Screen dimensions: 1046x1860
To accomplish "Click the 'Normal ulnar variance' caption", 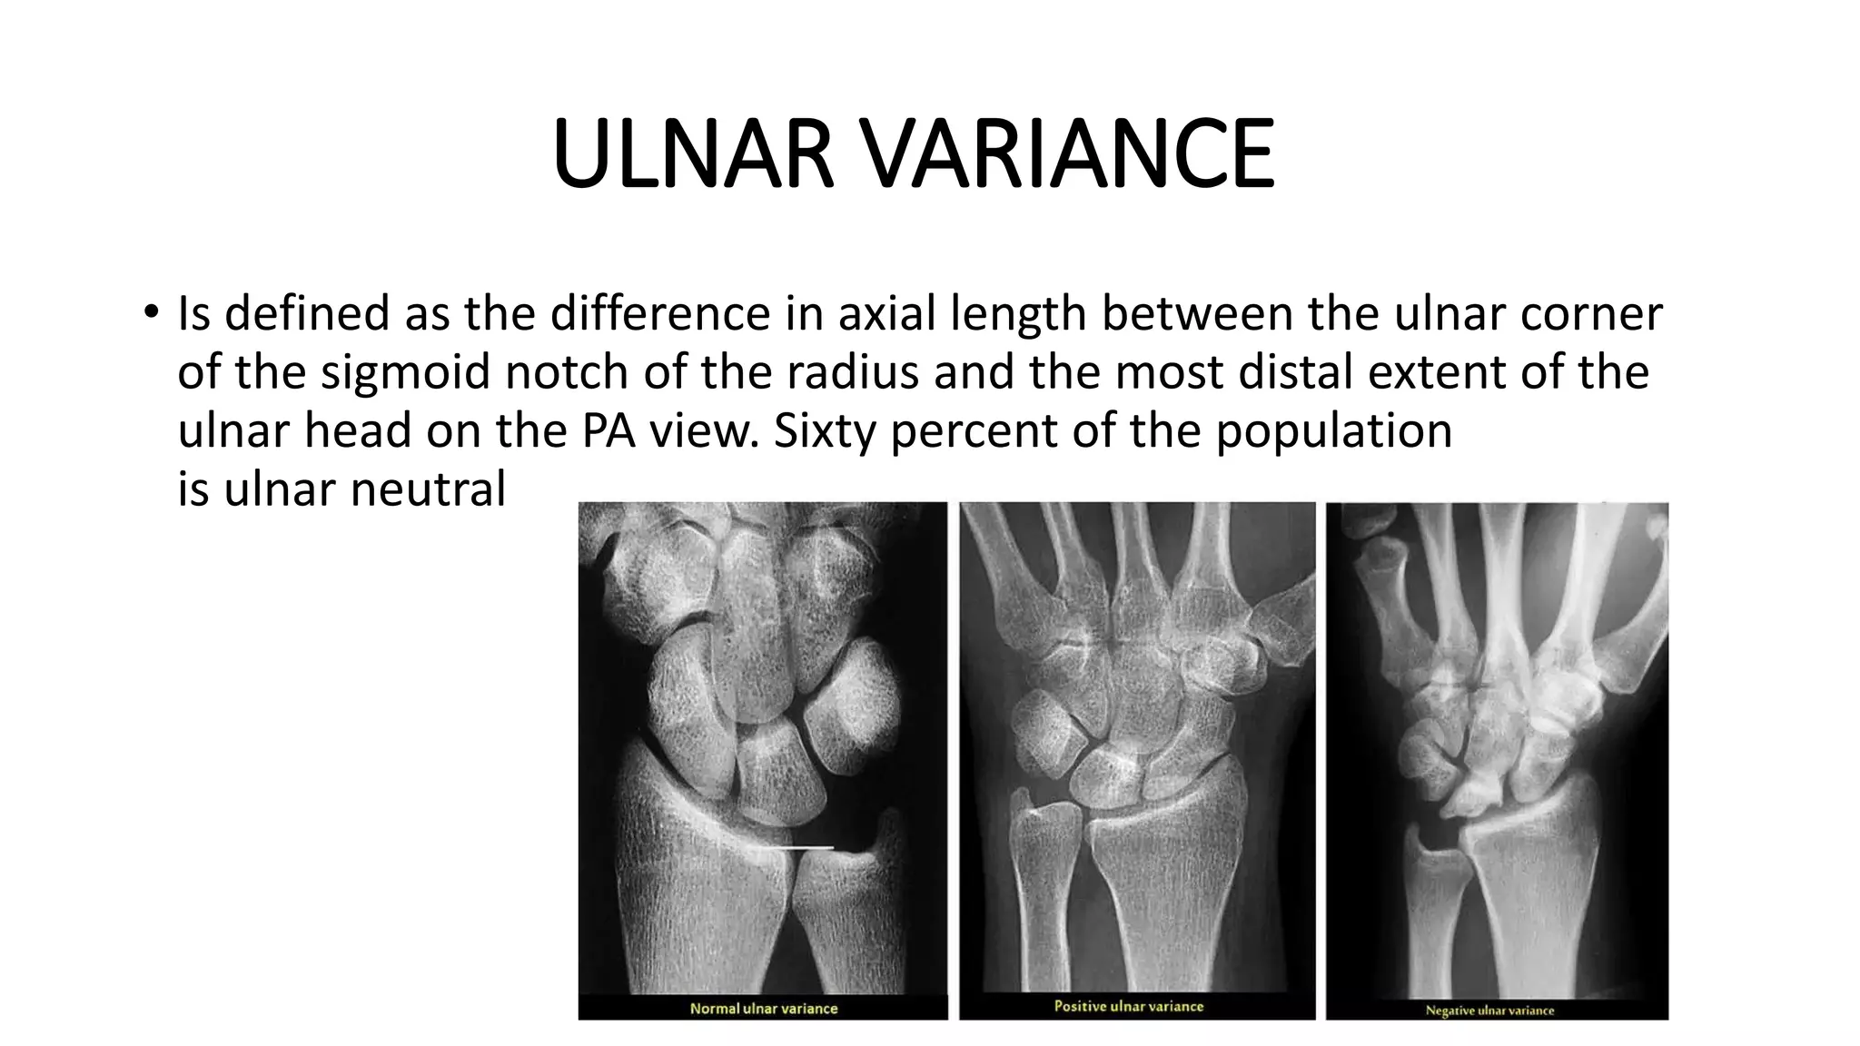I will [764, 1008].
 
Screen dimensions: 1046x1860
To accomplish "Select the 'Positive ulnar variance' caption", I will [1129, 1006].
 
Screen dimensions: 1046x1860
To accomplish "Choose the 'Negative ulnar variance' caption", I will [1489, 1010].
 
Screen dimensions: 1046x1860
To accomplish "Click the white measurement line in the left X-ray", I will [798, 848].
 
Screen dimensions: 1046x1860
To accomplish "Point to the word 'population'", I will [1334, 430].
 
